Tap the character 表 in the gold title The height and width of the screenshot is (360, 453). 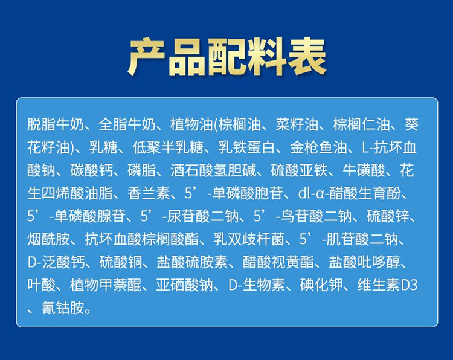click(307, 57)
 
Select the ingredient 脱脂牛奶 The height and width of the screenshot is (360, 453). click(56, 124)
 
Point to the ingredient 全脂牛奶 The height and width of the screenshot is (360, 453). click(127, 124)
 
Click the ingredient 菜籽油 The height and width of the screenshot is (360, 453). click(297, 124)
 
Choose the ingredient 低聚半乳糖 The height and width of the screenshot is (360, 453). click(168, 147)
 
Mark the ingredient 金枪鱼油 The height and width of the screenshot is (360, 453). click(318, 147)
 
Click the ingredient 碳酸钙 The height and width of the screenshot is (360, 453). click(92, 170)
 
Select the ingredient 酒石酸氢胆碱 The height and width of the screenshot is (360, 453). click(213, 170)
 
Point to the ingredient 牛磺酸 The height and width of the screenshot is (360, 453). click(364, 170)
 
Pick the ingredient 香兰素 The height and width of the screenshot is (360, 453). click(149, 193)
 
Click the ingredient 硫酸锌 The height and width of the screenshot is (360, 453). click(388, 216)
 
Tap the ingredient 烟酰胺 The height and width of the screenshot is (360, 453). click(48, 239)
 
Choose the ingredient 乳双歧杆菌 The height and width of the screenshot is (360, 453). click(249, 239)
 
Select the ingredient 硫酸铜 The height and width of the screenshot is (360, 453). click(120, 262)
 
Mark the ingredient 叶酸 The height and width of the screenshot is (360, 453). click(41, 285)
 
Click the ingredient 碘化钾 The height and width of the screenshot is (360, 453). click(321, 285)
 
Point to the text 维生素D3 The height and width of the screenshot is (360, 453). click(387, 285)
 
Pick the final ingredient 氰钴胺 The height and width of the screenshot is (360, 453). click(63, 308)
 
